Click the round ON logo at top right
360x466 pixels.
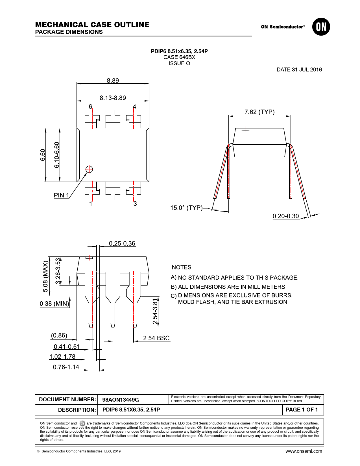321,27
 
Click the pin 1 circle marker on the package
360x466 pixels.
89,169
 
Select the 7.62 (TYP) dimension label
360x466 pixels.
259,112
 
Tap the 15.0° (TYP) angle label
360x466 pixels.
186,208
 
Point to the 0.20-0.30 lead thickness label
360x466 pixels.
285,216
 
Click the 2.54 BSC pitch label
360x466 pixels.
156,338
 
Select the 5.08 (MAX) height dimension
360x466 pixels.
45,276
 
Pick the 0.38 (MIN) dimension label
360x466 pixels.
54,303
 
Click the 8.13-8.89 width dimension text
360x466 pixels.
113,98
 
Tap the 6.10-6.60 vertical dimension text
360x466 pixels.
56,155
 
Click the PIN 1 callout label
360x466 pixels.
61,195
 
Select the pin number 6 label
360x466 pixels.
90,106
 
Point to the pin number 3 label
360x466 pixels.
135,204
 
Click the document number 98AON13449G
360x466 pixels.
121,400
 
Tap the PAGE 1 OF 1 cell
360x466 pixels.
302,410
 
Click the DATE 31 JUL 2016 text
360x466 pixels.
299,69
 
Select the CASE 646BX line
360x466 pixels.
179,57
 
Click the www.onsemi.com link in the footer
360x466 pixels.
304,451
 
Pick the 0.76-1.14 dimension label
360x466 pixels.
66,367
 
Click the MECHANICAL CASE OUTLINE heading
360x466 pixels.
92,25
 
